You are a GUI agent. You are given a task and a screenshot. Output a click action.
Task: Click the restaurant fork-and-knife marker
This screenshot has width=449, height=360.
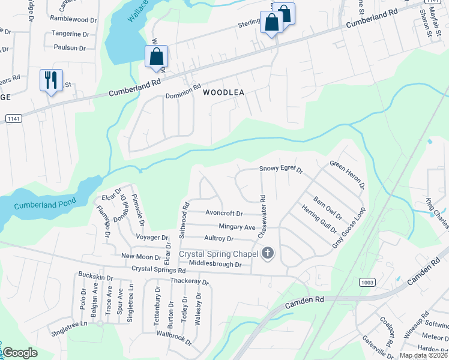[50, 80]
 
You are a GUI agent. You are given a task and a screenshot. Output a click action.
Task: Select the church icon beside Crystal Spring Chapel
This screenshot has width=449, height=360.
[268, 254]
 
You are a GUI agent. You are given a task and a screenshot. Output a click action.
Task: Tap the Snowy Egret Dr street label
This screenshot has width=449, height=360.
[281, 170]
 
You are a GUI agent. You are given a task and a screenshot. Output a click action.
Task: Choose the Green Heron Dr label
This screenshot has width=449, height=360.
[348, 174]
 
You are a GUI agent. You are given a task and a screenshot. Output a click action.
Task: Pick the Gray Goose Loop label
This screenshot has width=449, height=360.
[349, 229]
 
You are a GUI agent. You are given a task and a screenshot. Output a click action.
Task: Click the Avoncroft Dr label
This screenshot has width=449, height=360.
[224, 213]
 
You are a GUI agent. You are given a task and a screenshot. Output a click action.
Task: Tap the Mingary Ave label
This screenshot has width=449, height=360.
[237, 227]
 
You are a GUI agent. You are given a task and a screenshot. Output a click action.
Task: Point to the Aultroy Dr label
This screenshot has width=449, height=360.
[218, 239]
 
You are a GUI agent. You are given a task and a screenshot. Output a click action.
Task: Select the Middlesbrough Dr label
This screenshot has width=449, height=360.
[215, 264]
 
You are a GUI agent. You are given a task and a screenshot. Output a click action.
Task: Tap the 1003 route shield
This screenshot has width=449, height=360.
[368, 281]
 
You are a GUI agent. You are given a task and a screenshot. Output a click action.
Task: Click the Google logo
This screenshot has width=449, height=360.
[20, 353]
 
